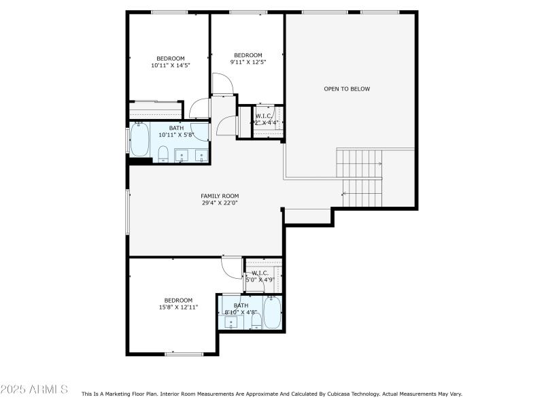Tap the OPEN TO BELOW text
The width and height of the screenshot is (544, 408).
[x=347, y=89]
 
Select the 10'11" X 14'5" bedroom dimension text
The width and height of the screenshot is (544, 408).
[x=170, y=66]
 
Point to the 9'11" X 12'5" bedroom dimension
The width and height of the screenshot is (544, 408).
[x=248, y=62]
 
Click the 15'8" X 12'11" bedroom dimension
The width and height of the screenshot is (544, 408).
[x=178, y=307]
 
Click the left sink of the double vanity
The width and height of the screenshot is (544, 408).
[x=182, y=156]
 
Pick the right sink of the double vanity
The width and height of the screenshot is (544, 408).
[x=201, y=156]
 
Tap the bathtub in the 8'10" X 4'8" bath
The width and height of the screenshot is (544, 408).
[x=272, y=313]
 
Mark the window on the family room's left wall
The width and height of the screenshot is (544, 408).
[x=127, y=211]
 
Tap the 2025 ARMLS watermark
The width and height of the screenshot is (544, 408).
[x=34, y=390]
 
